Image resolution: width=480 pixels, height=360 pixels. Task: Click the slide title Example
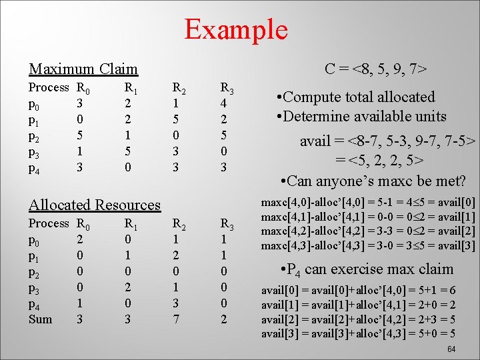(x=235, y=29)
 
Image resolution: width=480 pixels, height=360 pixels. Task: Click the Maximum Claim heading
(x=83, y=69)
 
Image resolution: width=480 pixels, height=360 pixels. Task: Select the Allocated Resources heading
(x=95, y=205)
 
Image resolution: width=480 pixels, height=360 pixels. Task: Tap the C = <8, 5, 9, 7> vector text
(x=376, y=69)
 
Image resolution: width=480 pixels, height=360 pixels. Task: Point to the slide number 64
(x=451, y=350)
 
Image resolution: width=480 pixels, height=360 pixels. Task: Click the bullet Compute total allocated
(x=355, y=97)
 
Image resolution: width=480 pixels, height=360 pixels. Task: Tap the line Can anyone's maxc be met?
(x=373, y=181)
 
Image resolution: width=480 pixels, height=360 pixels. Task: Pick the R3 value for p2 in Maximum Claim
(x=224, y=136)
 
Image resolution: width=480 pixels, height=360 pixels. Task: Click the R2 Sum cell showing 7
(x=175, y=319)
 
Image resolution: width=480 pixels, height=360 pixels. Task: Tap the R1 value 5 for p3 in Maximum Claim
(x=128, y=152)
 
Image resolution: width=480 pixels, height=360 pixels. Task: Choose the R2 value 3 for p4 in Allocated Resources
(x=175, y=303)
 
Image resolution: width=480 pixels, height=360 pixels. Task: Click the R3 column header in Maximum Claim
(x=227, y=87)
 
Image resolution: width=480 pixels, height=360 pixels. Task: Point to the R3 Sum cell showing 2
(x=224, y=319)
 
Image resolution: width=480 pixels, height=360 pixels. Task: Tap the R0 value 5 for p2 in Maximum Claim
(x=80, y=136)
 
